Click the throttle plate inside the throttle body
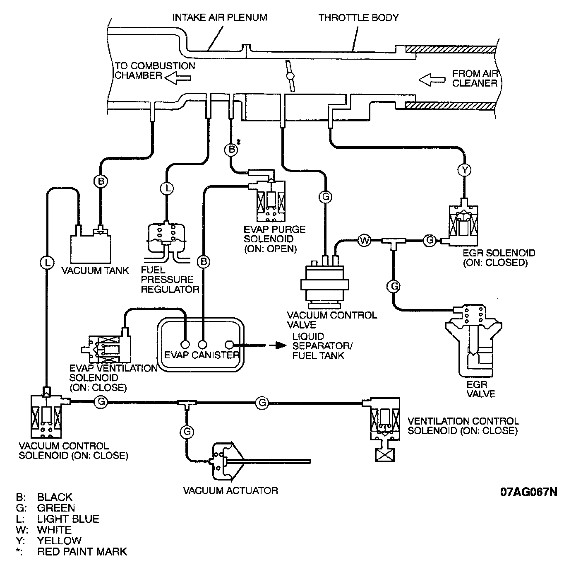click(290, 76)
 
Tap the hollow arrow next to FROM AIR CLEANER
click(432, 80)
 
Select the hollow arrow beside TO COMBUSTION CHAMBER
click(178, 78)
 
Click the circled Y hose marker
click(464, 170)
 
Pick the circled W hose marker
click(365, 240)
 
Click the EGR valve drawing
click(473, 340)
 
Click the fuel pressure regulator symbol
click(167, 242)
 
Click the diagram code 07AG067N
click(528, 492)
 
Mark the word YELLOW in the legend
click(59, 540)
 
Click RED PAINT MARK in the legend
click(82, 551)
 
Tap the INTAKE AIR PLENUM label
click(219, 17)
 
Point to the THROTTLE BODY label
click(358, 18)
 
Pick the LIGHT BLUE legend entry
click(58, 519)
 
